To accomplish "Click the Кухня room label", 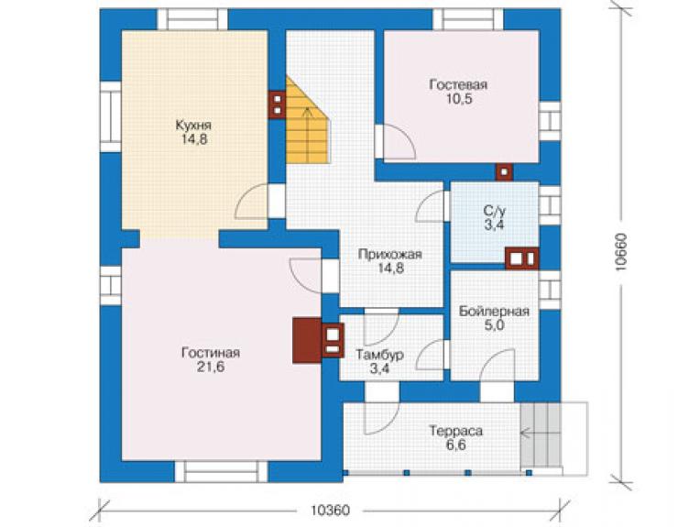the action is [x=193, y=125].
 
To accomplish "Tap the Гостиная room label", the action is [x=211, y=353].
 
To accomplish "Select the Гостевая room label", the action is [x=458, y=84].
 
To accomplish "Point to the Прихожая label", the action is [x=389, y=255].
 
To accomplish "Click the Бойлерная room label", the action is [x=494, y=311].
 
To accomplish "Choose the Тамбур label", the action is [x=380, y=355].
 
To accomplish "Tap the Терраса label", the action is [x=455, y=431].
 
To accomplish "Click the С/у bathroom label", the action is [x=494, y=211].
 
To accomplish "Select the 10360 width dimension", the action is [x=330, y=511].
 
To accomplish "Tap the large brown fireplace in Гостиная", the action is [x=307, y=340].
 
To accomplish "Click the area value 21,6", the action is [x=211, y=367].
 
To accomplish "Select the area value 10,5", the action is [x=459, y=99].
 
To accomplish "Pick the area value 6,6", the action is [x=455, y=445].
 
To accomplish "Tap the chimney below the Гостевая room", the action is [x=504, y=171].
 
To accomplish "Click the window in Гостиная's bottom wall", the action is [x=221, y=472].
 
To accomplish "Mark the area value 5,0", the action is [x=494, y=325].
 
